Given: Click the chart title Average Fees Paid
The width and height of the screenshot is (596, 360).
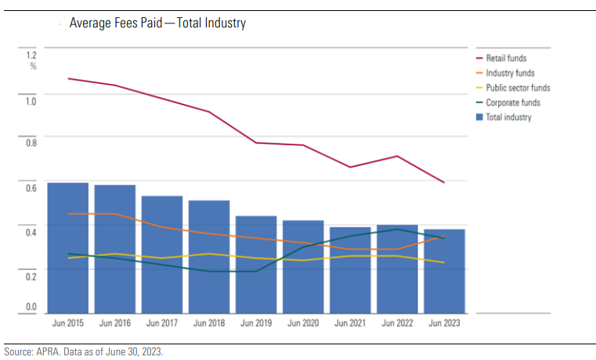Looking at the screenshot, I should [x=157, y=23].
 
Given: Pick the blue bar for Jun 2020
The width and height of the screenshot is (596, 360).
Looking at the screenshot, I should [x=303, y=266].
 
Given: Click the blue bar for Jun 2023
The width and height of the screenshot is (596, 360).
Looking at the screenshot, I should [x=444, y=271].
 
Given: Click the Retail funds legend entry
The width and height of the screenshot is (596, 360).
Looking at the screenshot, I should [x=506, y=58].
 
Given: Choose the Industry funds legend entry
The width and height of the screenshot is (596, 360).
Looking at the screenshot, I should [x=510, y=73].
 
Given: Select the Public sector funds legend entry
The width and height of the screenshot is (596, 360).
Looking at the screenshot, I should [x=518, y=88].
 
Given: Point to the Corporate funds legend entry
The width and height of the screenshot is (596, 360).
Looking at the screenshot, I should [x=513, y=103].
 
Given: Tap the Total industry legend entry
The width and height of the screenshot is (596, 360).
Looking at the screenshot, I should [x=508, y=117].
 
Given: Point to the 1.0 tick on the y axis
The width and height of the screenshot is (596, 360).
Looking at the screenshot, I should [x=31, y=99].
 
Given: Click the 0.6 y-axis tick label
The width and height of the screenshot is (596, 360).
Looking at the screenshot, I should [x=31, y=188].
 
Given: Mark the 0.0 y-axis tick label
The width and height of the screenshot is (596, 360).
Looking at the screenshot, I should [x=31, y=307].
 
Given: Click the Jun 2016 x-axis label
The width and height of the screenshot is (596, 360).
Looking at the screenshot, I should [x=115, y=322].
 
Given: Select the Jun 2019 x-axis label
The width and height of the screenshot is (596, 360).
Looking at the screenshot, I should [x=256, y=322].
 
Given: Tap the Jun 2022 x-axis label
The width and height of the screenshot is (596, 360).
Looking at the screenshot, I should [x=397, y=322].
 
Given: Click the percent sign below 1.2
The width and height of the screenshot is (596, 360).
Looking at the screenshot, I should [x=33, y=66].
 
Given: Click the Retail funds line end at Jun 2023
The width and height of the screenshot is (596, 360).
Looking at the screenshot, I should [x=444, y=182].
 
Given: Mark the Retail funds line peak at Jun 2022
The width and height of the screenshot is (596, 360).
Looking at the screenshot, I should [x=397, y=156].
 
